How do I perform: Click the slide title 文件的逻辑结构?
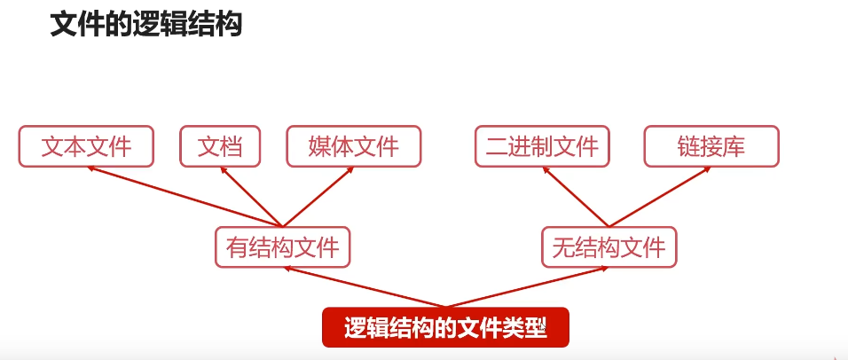(146, 24)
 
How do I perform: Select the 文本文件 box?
(86, 146)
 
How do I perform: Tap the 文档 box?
(220, 146)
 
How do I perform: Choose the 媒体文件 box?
(354, 146)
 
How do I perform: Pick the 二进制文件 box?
(542, 146)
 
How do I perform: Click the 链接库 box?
(711, 146)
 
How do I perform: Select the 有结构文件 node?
(283, 247)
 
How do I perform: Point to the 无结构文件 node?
(609, 247)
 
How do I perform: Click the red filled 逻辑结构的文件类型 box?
(444, 326)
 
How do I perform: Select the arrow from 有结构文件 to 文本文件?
(186, 197)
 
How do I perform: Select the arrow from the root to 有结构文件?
(364, 287)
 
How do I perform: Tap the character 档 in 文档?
(232, 146)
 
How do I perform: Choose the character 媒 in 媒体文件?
(320, 146)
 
